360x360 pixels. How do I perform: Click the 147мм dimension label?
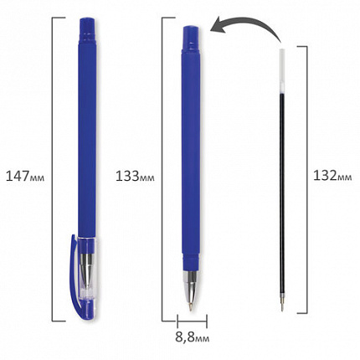[x=25, y=177]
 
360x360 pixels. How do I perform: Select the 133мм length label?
[x=135, y=177]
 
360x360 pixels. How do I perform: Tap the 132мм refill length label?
[x=332, y=176]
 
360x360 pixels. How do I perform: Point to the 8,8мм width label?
[x=193, y=337]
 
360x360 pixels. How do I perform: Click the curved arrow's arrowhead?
[x=217, y=26]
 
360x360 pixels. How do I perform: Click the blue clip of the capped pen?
[x=75, y=276]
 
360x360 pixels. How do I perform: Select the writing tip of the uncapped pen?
[x=191, y=306]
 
